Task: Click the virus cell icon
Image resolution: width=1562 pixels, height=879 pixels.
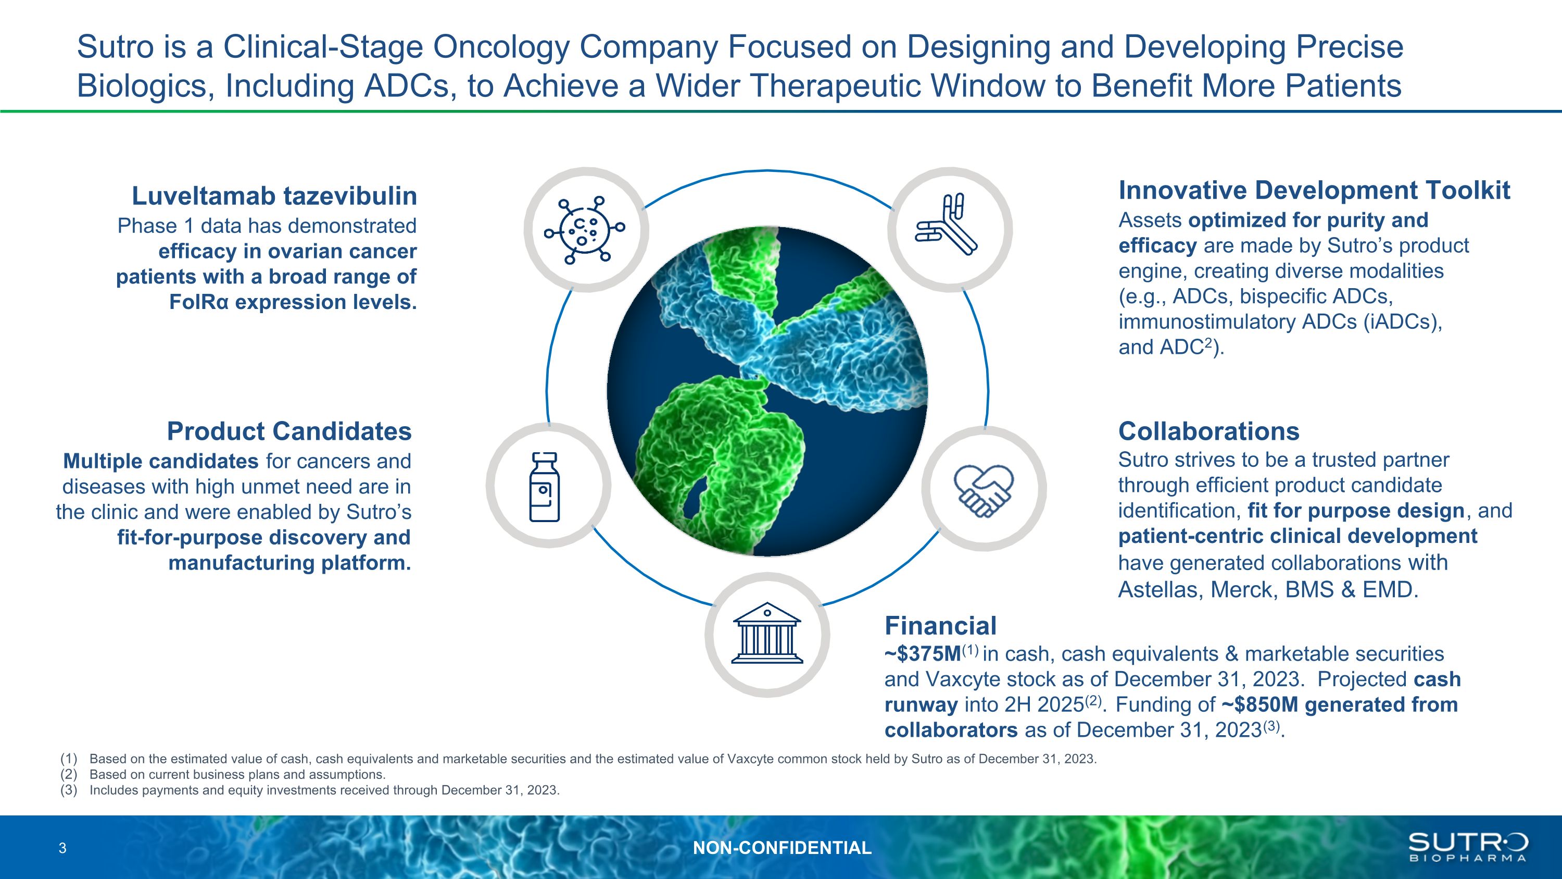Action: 585,230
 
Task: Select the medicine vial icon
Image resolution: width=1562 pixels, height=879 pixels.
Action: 544,487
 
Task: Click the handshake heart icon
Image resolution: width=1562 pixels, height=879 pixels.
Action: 983,491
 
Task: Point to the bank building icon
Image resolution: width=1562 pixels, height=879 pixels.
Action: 767,633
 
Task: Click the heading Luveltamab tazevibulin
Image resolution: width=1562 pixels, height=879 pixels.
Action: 274,195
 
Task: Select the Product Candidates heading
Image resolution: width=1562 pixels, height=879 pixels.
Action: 289,431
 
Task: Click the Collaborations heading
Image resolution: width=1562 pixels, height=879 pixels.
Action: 1208,431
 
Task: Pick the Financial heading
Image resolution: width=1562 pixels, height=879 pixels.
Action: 940,625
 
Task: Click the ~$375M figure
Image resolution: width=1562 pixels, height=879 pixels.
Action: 923,654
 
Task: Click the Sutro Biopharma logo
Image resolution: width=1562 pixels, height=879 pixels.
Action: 1467,847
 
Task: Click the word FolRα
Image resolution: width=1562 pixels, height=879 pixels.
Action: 199,302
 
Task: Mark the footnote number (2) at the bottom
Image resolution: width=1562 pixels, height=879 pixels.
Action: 69,775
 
